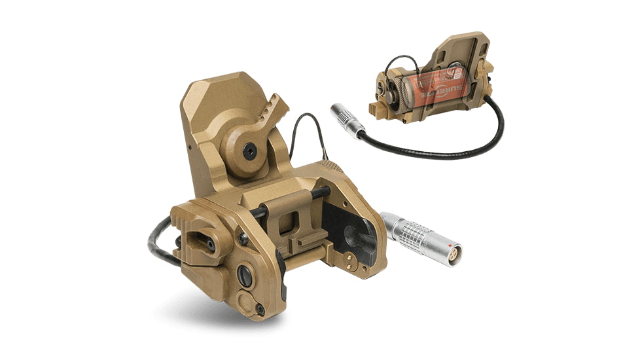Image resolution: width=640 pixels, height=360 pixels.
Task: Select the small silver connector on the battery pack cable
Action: [x=347, y=120]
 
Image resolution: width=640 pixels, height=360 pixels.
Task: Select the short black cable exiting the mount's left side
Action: [x=160, y=242]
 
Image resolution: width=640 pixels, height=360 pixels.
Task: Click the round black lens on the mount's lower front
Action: [x=245, y=276]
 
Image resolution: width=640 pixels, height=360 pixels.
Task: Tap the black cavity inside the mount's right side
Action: [x=350, y=229]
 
